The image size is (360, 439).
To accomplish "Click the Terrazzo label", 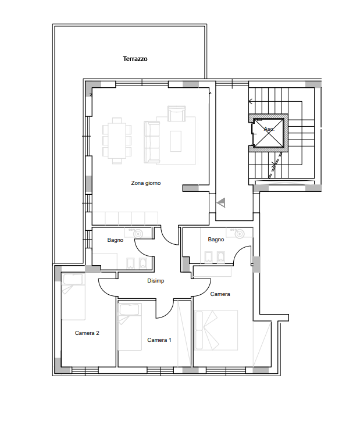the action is [x=135, y=59].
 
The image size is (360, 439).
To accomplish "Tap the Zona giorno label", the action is [x=146, y=183].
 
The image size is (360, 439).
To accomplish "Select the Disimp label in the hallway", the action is [x=156, y=280].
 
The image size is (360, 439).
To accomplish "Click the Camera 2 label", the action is [x=87, y=333].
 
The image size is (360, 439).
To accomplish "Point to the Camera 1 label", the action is [x=159, y=340].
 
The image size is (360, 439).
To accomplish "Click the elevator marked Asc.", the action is [x=269, y=133].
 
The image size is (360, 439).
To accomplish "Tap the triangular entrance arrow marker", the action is [x=221, y=202].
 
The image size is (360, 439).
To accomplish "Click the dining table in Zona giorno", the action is [x=117, y=141].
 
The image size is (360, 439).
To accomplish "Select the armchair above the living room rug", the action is [x=177, y=113].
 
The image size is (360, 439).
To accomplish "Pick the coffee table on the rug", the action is [x=176, y=141].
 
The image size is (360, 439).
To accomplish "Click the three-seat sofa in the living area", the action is [x=152, y=142].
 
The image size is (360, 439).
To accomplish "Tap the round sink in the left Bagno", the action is [x=138, y=234].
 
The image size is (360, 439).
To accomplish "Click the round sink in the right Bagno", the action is [x=240, y=234].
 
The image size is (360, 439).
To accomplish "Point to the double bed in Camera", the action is [x=216, y=330].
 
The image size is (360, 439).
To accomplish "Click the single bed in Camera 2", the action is [x=73, y=297].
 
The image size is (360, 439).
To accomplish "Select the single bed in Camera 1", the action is [x=130, y=326].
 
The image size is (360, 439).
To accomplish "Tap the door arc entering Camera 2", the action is [x=105, y=290].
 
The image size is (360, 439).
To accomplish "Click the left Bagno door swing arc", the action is [x=140, y=250].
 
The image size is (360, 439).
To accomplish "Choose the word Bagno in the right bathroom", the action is [x=216, y=240].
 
